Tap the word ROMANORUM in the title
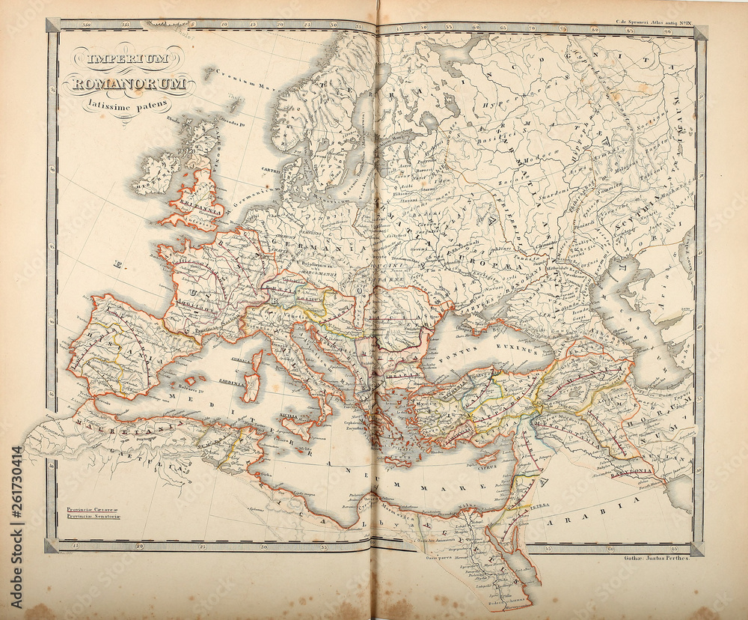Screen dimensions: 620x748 pyautogui.click(x=129, y=83)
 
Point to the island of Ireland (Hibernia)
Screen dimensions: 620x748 pyautogui.click(x=156, y=174)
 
